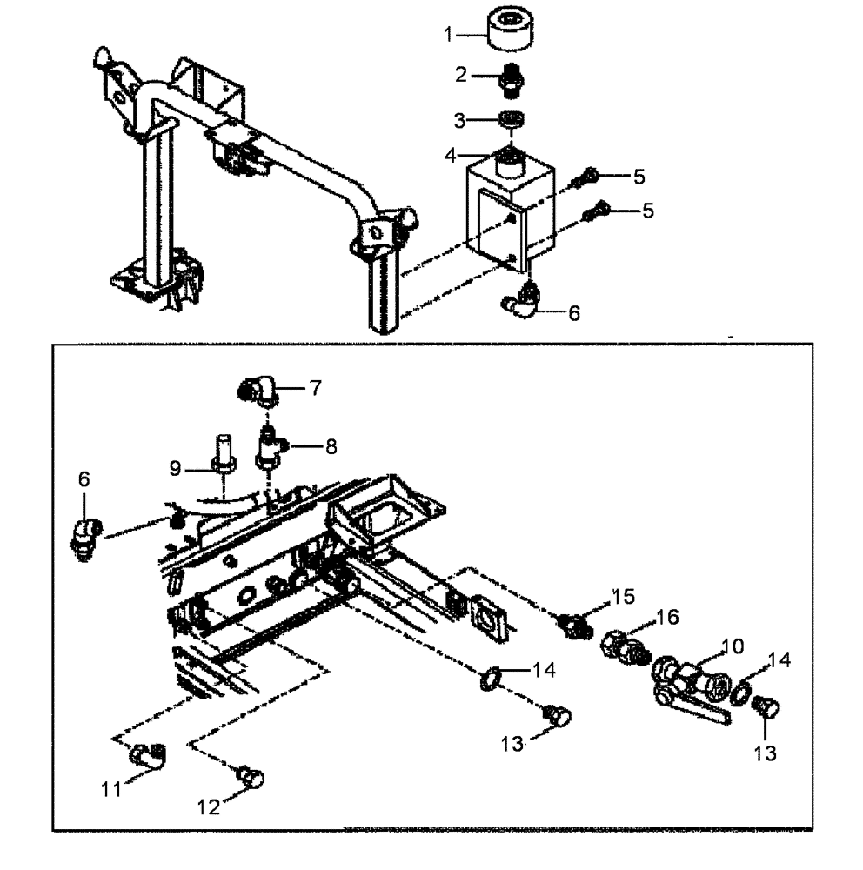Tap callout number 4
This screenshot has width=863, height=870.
pos(450,156)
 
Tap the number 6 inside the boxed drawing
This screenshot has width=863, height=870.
pos(84,479)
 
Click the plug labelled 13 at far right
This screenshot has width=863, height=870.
pos(766,708)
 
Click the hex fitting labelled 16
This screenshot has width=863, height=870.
pos(623,649)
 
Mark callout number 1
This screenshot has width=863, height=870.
pos(449,35)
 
